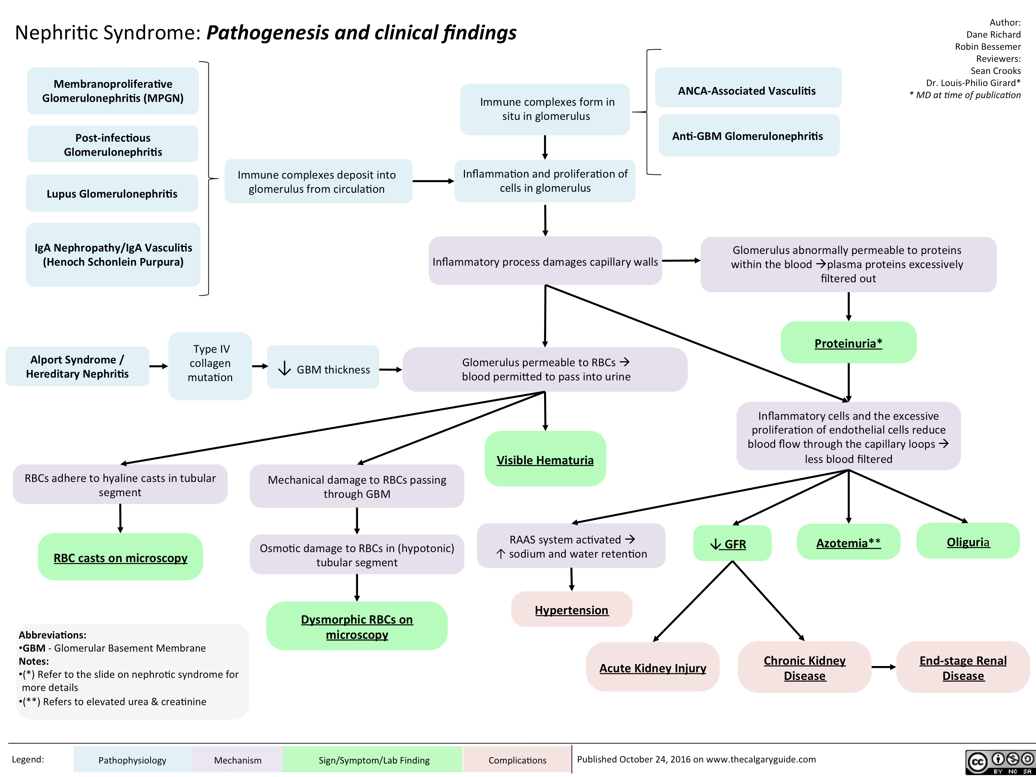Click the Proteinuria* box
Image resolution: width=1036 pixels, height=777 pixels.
click(x=848, y=343)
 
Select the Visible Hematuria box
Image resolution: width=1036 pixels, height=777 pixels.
click(x=545, y=459)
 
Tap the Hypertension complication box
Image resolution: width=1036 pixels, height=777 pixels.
click(x=571, y=609)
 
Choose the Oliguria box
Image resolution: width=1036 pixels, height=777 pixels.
click(x=968, y=541)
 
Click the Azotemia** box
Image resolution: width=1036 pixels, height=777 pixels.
click(x=848, y=542)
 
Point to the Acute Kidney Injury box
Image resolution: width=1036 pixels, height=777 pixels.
click(x=653, y=667)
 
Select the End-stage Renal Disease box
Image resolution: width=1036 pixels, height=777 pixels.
click(x=962, y=667)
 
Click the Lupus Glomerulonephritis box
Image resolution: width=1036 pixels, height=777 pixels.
click(x=112, y=193)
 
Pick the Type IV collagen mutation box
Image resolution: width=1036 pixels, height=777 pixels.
click(x=210, y=363)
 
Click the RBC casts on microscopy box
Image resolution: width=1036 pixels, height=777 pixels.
click(x=120, y=557)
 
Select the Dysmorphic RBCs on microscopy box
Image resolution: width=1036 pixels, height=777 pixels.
click(x=357, y=626)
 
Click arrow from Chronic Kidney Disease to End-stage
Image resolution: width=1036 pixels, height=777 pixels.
click(x=884, y=667)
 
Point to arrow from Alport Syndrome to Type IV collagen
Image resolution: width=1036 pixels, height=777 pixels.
click(x=159, y=366)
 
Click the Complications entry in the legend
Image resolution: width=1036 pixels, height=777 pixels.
click(x=517, y=760)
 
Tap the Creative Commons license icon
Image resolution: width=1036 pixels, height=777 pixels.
click(x=999, y=762)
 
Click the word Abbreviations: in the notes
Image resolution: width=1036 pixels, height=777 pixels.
click(x=53, y=635)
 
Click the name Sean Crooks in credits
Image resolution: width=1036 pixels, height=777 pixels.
click(x=995, y=71)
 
